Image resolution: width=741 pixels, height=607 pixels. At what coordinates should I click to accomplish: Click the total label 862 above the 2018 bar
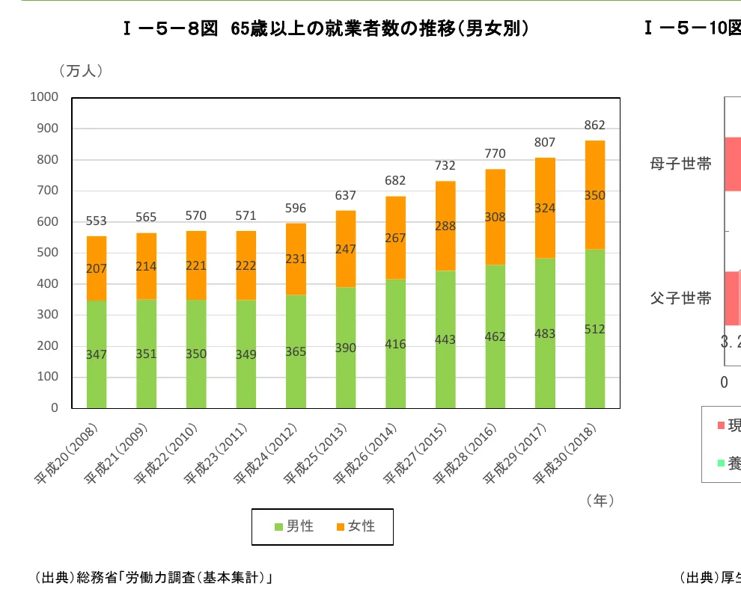[595, 126]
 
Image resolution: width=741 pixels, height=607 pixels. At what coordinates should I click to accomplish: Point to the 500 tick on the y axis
[47, 253]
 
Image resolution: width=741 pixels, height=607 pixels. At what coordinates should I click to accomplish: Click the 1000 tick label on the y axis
[44, 97]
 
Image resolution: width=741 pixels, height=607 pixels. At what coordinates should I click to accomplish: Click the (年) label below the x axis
[601, 501]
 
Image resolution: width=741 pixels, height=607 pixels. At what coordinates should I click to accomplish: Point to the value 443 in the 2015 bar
[445, 339]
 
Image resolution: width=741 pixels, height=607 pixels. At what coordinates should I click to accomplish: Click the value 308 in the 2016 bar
[495, 218]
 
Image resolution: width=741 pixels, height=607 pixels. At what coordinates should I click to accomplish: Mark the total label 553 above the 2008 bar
[97, 221]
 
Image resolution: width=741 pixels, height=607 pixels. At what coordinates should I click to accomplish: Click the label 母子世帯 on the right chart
[680, 164]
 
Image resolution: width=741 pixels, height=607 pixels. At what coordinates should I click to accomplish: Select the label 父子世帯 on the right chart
[680, 298]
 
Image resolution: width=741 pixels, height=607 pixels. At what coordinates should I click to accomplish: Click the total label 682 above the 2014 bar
[395, 180]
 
